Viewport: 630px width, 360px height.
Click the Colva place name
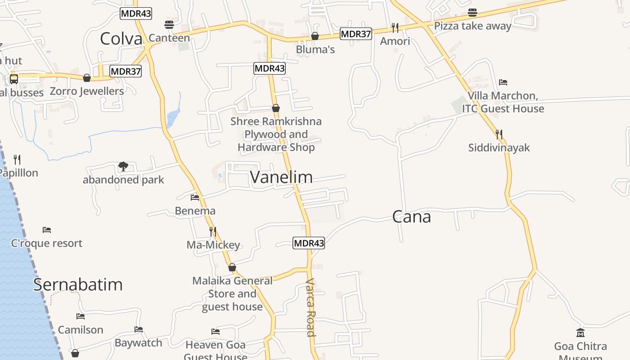click(121, 39)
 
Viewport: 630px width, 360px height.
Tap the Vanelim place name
click(281, 177)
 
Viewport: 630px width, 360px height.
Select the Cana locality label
click(411, 217)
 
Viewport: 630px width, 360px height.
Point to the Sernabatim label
click(78, 284)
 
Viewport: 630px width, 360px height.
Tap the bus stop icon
click(14, 79)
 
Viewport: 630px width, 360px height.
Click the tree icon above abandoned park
click(123, 166)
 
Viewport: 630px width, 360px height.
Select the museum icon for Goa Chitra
click(580, 333)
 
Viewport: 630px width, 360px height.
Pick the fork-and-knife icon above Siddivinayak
click(499, 134)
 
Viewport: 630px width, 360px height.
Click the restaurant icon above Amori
click(395, 28)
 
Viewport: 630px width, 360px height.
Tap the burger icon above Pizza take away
click(472, 12)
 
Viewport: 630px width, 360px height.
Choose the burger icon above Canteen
click(169, 24)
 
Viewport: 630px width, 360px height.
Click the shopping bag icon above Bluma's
click(315, 36)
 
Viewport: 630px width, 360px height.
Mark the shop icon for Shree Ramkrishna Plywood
click(276, 108)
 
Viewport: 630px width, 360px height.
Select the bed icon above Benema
click(195, 197)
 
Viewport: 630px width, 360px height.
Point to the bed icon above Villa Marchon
click(503, 82)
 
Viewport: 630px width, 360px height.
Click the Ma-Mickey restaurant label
click(213, 245)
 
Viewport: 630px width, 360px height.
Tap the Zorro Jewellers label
click(87, 91)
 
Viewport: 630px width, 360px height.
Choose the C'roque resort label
click(47, 243)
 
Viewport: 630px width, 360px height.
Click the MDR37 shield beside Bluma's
click(355, 34)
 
